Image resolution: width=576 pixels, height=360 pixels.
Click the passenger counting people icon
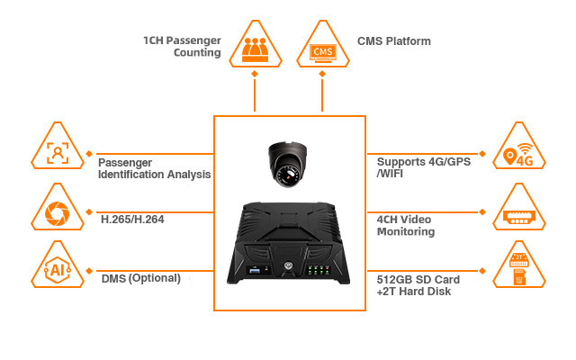[x=255, y=45]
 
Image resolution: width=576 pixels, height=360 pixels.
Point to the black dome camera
[x=289, y=165]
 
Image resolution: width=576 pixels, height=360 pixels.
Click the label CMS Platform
[x=394, y=41]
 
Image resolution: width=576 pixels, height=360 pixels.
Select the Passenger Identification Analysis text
[x=154, y=168]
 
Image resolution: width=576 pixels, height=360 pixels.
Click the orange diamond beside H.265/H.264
[x=90, y=214]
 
